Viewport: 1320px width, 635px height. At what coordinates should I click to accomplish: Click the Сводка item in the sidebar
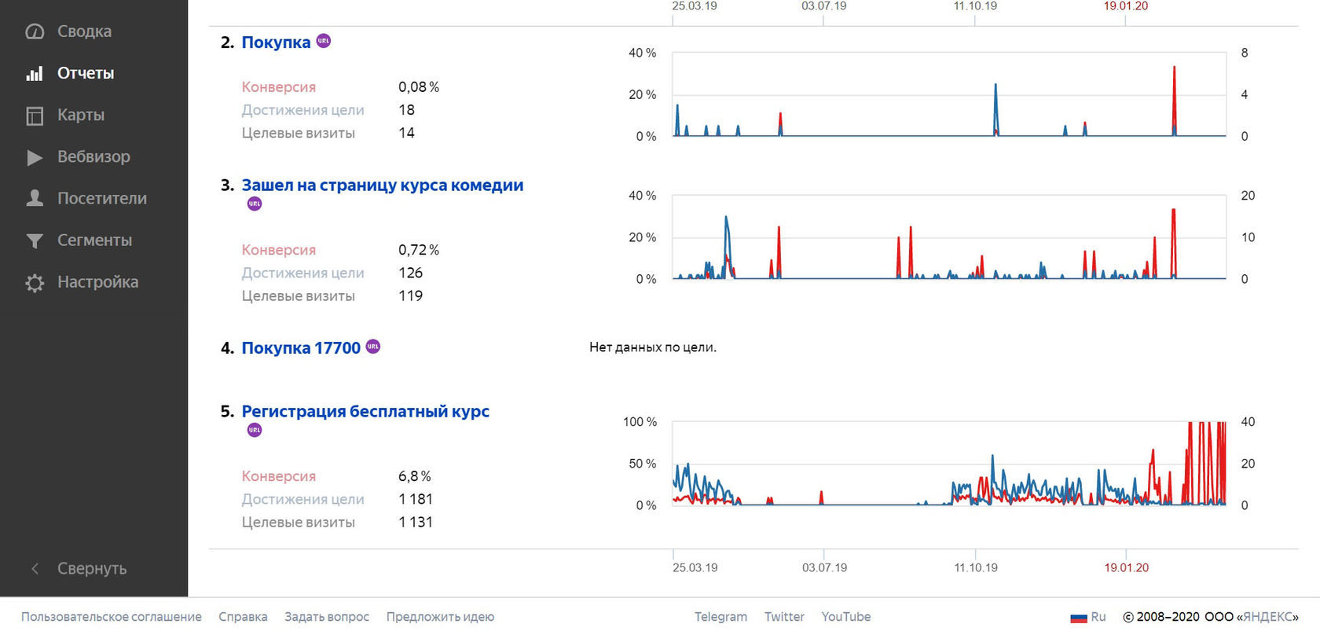[83, 31]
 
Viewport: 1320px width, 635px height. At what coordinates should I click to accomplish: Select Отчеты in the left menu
[85, 73]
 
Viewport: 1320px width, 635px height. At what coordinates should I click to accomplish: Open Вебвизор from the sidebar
[93, 156]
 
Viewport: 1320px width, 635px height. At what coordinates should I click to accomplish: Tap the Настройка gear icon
[35, 283]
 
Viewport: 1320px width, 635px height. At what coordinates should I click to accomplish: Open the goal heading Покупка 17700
[300, 348]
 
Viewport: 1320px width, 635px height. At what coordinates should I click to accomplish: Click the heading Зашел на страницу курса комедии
[382, 185]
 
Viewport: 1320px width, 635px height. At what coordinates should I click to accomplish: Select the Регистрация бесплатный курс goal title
[365, 412]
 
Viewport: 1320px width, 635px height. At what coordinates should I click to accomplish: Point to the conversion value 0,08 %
[418, 87]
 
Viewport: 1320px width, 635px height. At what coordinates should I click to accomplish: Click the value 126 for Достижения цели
[410, 273]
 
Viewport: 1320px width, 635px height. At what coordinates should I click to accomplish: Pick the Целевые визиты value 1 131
[415, 522]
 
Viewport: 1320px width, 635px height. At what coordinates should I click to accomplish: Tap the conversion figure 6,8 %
[414, 476]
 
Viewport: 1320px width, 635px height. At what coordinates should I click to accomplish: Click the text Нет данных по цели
[652, 347]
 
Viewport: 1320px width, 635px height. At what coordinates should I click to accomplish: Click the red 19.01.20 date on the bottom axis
[1126, 567]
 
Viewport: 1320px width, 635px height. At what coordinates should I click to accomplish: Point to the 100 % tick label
[640, 422]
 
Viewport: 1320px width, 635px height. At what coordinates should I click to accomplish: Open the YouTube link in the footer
[845, 617]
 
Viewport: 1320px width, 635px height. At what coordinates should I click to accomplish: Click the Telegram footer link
[720, 617]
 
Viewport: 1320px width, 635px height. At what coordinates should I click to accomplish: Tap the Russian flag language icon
[1078, 618]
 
